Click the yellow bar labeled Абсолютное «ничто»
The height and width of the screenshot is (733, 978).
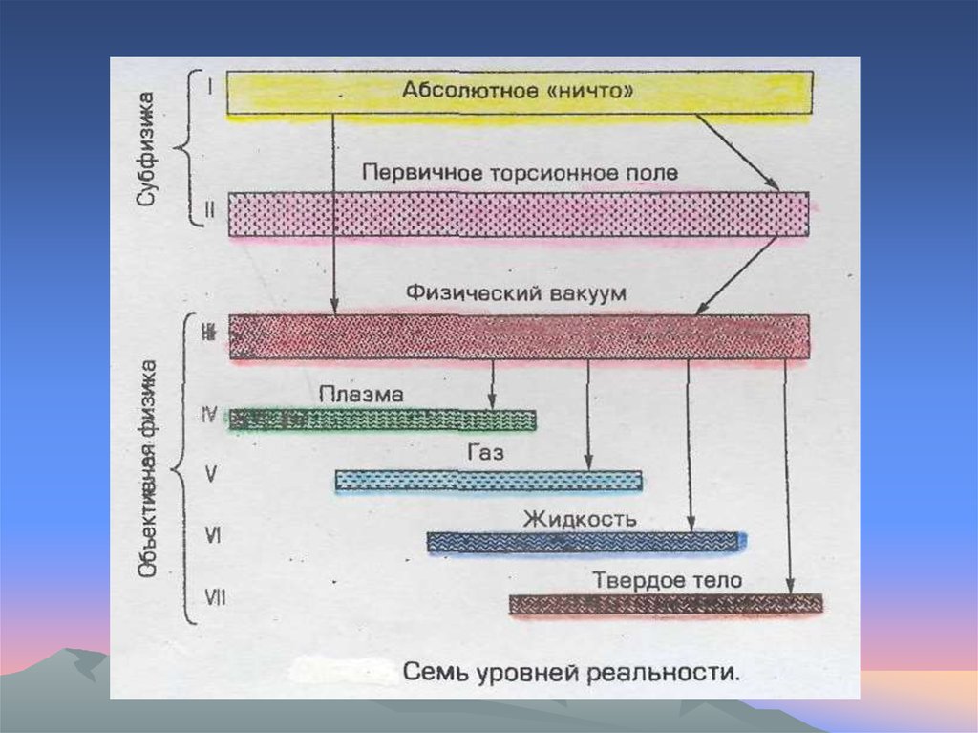click(520, 93)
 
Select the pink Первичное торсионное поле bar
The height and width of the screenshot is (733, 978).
click(518, 214)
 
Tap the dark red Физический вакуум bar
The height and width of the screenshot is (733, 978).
click(519, 336)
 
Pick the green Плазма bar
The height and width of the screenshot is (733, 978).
click(382, 419)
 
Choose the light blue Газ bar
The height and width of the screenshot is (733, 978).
click(488, 480)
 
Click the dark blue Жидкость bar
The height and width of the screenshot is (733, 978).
click(585, 542)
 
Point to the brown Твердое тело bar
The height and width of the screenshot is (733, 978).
click(665, 603)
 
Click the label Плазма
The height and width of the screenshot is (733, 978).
click(361, 394)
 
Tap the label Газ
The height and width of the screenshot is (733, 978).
click(485, 453)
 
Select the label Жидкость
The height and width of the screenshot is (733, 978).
click(579, 519)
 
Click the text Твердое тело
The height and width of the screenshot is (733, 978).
click(667, 580)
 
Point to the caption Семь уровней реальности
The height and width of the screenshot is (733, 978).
click(571, 671)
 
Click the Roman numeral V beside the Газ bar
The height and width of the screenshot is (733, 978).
click(212, 473)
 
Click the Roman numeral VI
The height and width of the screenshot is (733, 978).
click(213, 536)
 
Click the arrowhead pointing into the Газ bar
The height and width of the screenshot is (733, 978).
click(588, 464)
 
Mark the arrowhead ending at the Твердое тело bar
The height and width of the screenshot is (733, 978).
click(790, 588)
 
